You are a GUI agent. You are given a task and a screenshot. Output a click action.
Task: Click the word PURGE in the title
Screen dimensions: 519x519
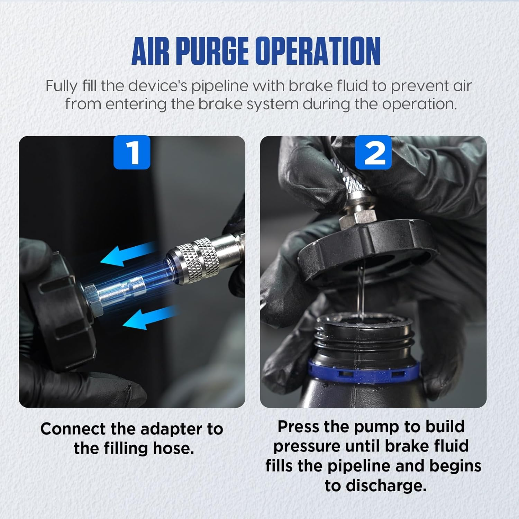coord(212,51)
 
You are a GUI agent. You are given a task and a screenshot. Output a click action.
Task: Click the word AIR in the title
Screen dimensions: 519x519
coord(151,51)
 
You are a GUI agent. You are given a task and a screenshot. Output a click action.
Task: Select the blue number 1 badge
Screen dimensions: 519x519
coord(132,152)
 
